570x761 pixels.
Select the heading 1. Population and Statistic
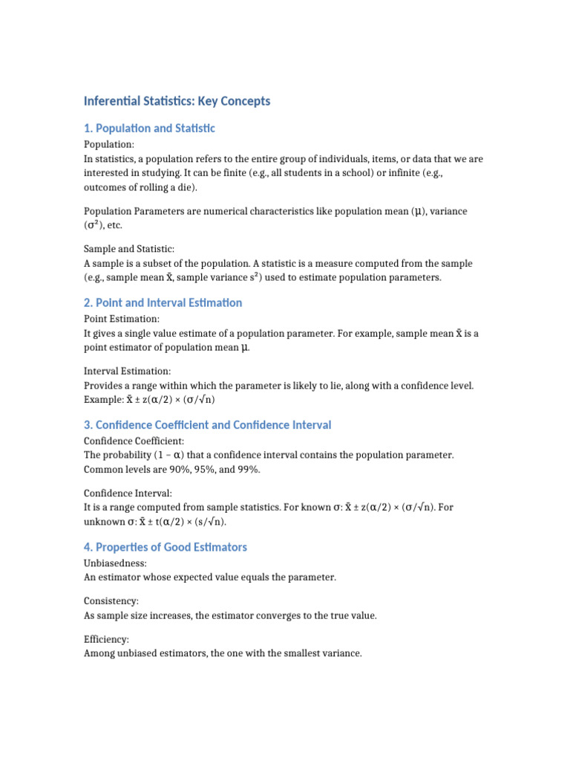click(149, 129)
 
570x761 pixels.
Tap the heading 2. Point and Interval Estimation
click(163, 303)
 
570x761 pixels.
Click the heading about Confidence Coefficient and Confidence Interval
click(207, 425)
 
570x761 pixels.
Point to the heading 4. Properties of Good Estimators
click(165, 548)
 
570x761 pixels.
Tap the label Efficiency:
click(106, 639)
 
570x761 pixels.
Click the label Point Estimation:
click(121, 319)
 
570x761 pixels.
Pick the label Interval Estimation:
click(127, 370)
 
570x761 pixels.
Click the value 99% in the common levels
click(247, 470)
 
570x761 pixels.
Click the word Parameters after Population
click(157, 211)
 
